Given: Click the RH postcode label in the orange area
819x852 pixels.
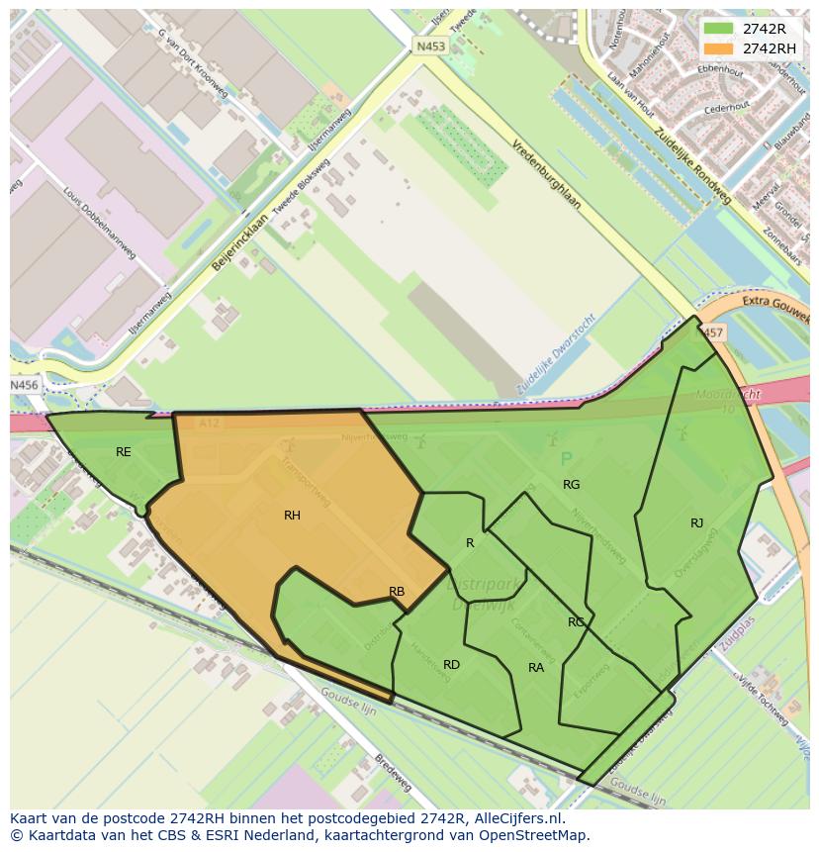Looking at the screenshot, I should pyautogui.click(x=292, y=516).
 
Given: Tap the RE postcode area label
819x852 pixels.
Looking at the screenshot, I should pyautogui.click(x=124, y=452).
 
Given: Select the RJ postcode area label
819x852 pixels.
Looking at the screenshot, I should pyautogui.click(x=697, y=523).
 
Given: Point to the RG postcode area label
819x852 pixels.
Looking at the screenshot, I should pyautogui.click(x=572, y=485).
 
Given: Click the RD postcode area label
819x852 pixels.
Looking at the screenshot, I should pyautogui.click(x=451, y=665).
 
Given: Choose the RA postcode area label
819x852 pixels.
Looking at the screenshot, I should pyautogui.click(x=536, y=668).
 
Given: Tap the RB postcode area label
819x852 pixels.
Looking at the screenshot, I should pyautogui.click(x=397, y=593).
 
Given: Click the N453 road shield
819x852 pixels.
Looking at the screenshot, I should pyautogui.click(x=429, y=47).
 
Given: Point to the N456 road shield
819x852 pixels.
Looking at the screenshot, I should pyautogui.click(x=25, y=384).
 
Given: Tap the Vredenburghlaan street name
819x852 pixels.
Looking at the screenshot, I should pyautogui.click(x=547, y=174).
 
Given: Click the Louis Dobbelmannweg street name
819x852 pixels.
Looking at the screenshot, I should pyautogui.click(x=99, y=223).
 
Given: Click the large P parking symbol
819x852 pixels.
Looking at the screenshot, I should pyautogui.click(x=566, y=459).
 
